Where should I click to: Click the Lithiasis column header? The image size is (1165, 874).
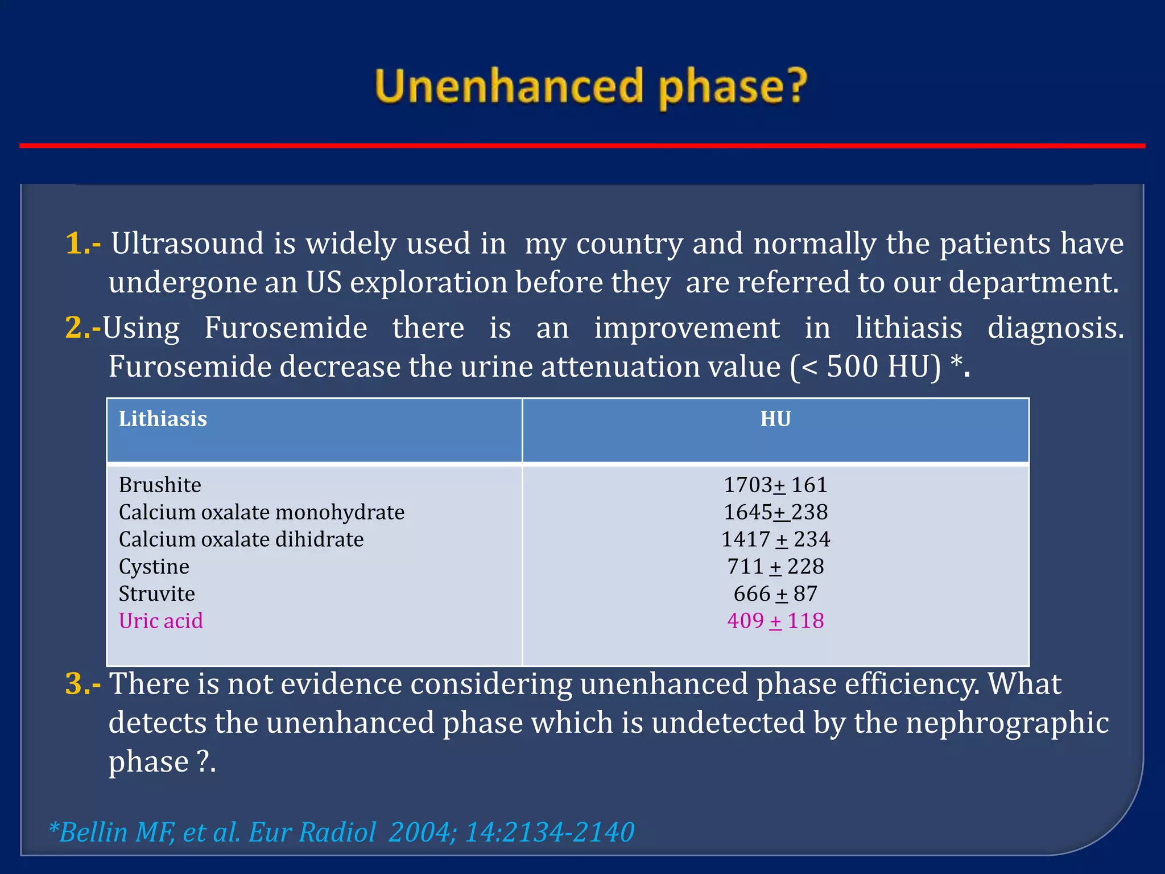[x=163, y=419]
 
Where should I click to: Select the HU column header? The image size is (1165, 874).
[x=775, y=419]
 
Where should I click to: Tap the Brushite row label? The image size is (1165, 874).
[x=160, y=485]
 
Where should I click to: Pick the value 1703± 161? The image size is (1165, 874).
[x=775, y=485]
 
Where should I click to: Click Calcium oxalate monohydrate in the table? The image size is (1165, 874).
[x=262, y=513]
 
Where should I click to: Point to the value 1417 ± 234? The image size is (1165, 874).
[x=775, y=539]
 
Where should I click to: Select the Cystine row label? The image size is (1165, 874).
[x=154, y=567]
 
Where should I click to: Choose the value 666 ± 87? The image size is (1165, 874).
[x=775, y=594]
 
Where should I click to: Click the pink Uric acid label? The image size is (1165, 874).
[x=160, y=621]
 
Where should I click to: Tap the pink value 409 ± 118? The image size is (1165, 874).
[x=775, y=621]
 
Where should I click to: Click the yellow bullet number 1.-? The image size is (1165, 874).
[x=83, y=244]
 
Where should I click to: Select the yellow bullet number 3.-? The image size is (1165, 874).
[x=83, y=684]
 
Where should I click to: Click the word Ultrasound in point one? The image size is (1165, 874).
[x=187, y=244]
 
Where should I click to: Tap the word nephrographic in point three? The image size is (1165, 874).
[x=1007, y=723]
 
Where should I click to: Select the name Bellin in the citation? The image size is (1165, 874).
[x=93, y=832]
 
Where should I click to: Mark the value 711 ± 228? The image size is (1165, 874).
[x=775, y=567]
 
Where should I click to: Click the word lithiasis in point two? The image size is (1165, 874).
[x=908, y=328]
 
